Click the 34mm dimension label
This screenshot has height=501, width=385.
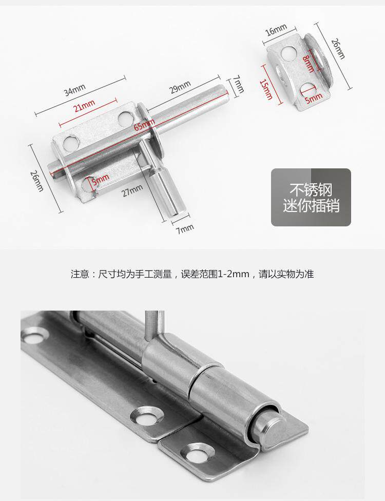[x=74, y=91]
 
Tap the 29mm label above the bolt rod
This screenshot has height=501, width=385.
[x=180, y=88]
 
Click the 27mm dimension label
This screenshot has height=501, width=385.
[x=132, y=191]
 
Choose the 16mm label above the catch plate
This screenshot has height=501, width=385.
[x=276, y=32]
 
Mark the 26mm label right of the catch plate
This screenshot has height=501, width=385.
[x=338, y=49]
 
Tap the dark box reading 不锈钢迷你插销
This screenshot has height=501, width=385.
[x=311, y=198]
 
